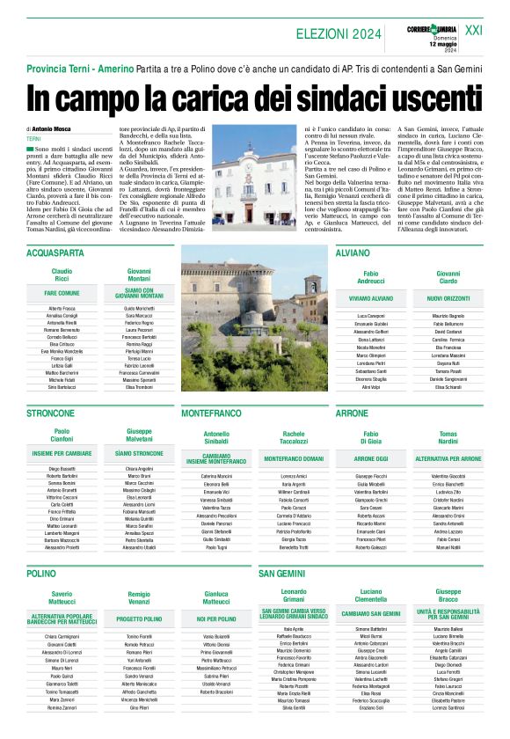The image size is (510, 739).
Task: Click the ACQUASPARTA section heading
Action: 54,252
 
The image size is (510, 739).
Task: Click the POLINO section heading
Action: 41,573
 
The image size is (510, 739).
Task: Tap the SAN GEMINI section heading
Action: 281,573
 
